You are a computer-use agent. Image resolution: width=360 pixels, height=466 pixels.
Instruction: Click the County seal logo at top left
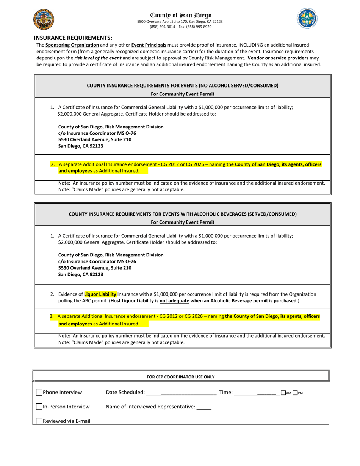[x=44, y=20]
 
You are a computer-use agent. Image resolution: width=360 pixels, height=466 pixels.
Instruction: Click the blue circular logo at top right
[x=307, y=18]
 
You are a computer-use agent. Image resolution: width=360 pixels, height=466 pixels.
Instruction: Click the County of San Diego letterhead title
[x=181, y=15]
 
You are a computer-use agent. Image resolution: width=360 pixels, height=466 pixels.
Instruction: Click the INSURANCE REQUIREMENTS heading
[x=73, y=38]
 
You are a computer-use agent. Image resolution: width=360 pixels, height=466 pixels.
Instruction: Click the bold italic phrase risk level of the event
[x=98, y=58]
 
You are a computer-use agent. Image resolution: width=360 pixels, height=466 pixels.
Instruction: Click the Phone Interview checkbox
[x=39, y=393]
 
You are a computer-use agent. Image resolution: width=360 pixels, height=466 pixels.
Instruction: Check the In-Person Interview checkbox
[x=39, y=407]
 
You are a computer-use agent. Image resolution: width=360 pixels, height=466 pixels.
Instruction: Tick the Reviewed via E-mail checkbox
[x=39, y=421]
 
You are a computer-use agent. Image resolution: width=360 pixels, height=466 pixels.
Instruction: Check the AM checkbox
[x=283, y=393]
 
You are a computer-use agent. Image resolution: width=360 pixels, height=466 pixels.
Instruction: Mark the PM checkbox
[x=295, y=393]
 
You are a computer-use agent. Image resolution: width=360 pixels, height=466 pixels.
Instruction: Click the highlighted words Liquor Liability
[x=100, y=294]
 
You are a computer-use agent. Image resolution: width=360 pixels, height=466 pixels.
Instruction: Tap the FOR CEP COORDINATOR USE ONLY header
[x=181, y=377]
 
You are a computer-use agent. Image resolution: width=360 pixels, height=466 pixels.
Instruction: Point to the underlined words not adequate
[x=174, y=301]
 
